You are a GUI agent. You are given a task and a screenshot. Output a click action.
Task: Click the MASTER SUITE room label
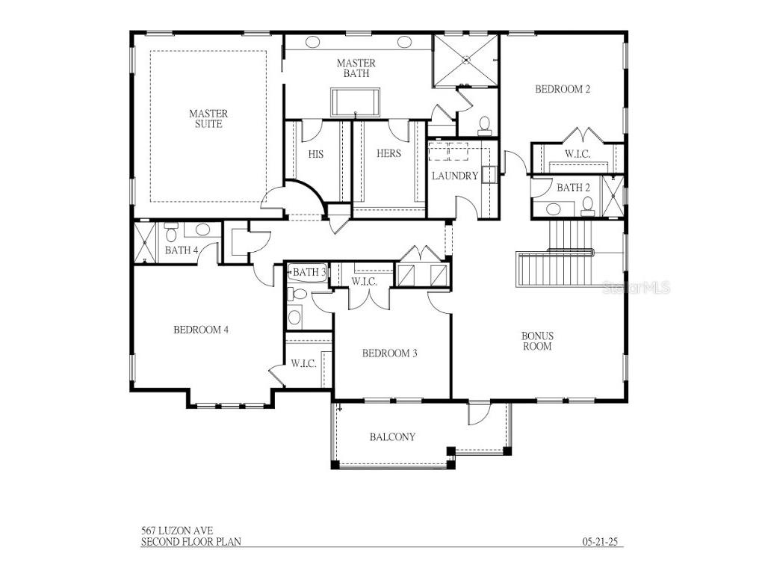pos(208,119)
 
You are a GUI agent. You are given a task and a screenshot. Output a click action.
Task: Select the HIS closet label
pos(315,154)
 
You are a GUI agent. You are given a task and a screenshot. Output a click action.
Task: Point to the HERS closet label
pos(388,154)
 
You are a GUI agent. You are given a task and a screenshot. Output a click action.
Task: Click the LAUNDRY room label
pos(454,176)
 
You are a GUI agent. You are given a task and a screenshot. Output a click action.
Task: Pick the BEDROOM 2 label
pos(563,90)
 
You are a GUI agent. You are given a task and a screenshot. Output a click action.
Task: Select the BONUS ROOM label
pos(537,342)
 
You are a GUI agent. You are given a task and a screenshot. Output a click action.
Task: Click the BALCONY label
pos(392,437)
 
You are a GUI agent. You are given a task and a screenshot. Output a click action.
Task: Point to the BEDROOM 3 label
pos(389,354)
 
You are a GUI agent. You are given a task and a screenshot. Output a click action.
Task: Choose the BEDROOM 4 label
pos(200,330)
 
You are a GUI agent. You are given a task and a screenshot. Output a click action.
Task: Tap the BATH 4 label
pos(182,250)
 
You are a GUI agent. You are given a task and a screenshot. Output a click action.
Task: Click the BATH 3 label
pos(309,273)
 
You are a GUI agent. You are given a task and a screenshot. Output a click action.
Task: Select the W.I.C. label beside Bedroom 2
pos(577,154)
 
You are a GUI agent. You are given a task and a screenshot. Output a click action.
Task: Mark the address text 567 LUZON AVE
pos(171,531)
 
